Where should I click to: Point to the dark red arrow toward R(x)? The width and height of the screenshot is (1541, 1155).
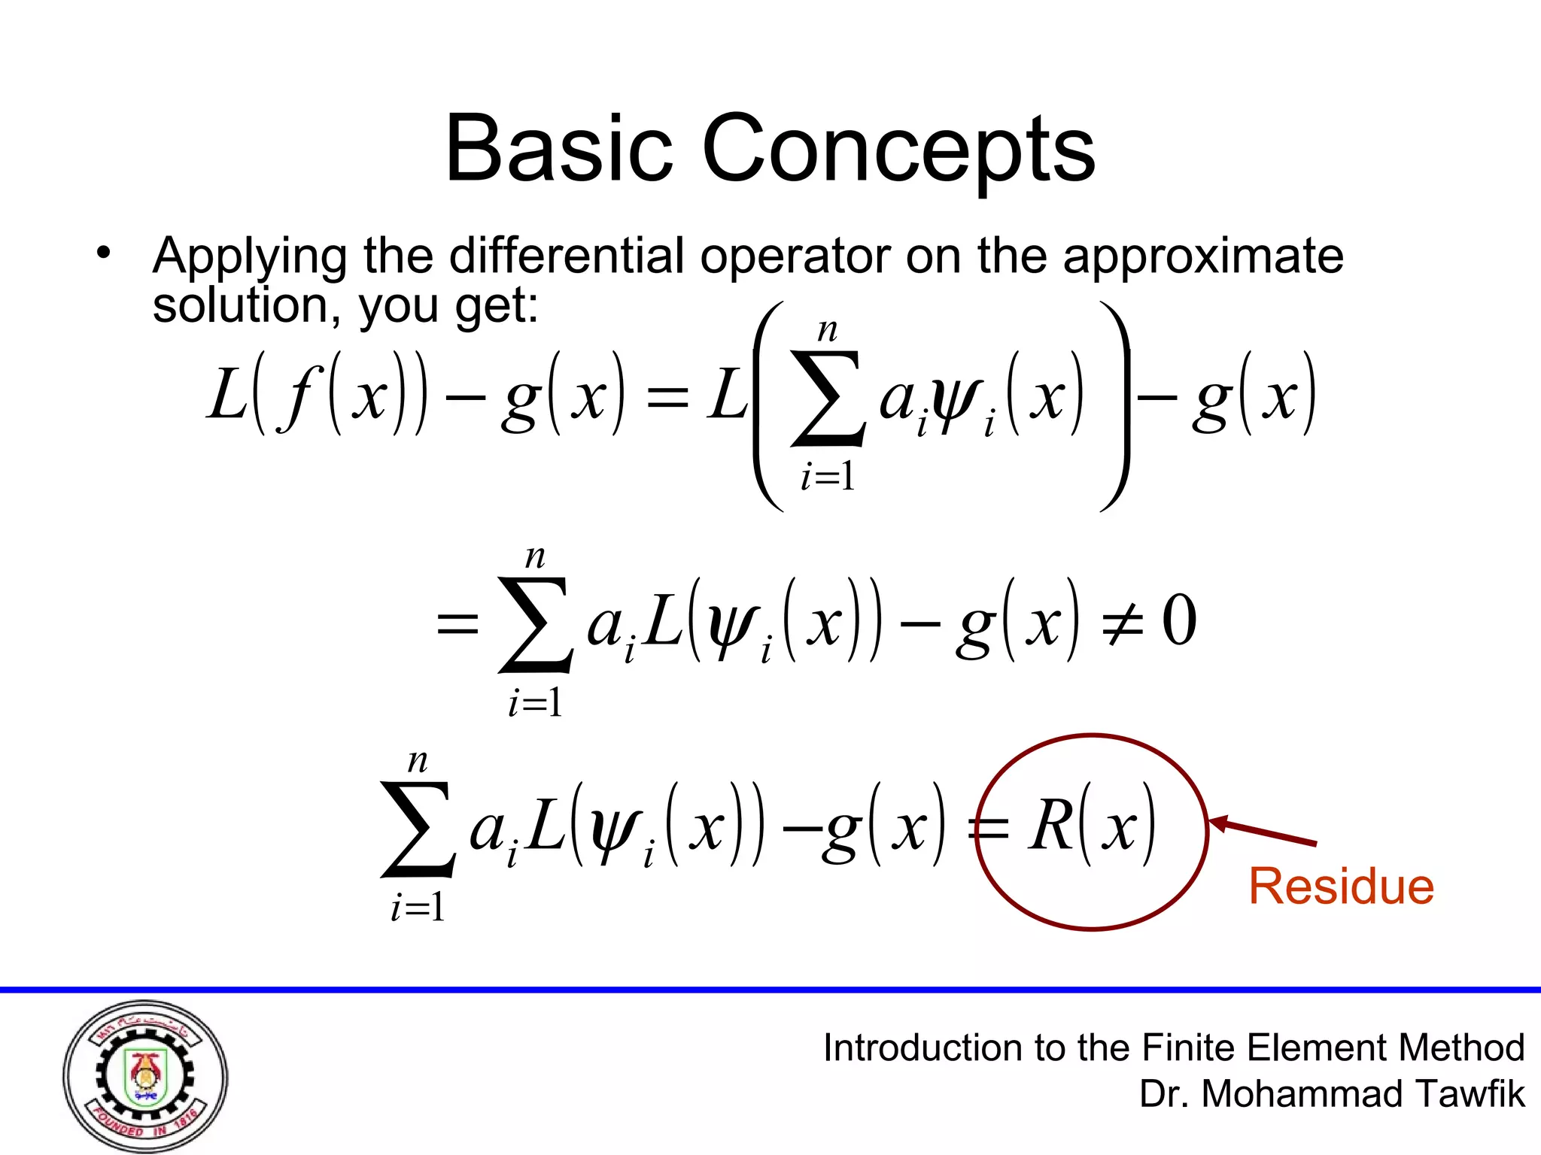tap(1264, 831)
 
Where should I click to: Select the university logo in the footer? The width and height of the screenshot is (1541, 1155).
tap(145, 1076)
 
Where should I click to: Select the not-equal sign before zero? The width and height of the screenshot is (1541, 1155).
tap(1123, 623)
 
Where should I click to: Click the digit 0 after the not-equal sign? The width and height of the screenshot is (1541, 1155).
tap(1179, 620)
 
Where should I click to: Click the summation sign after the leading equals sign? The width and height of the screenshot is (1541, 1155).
tap(534, 624)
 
